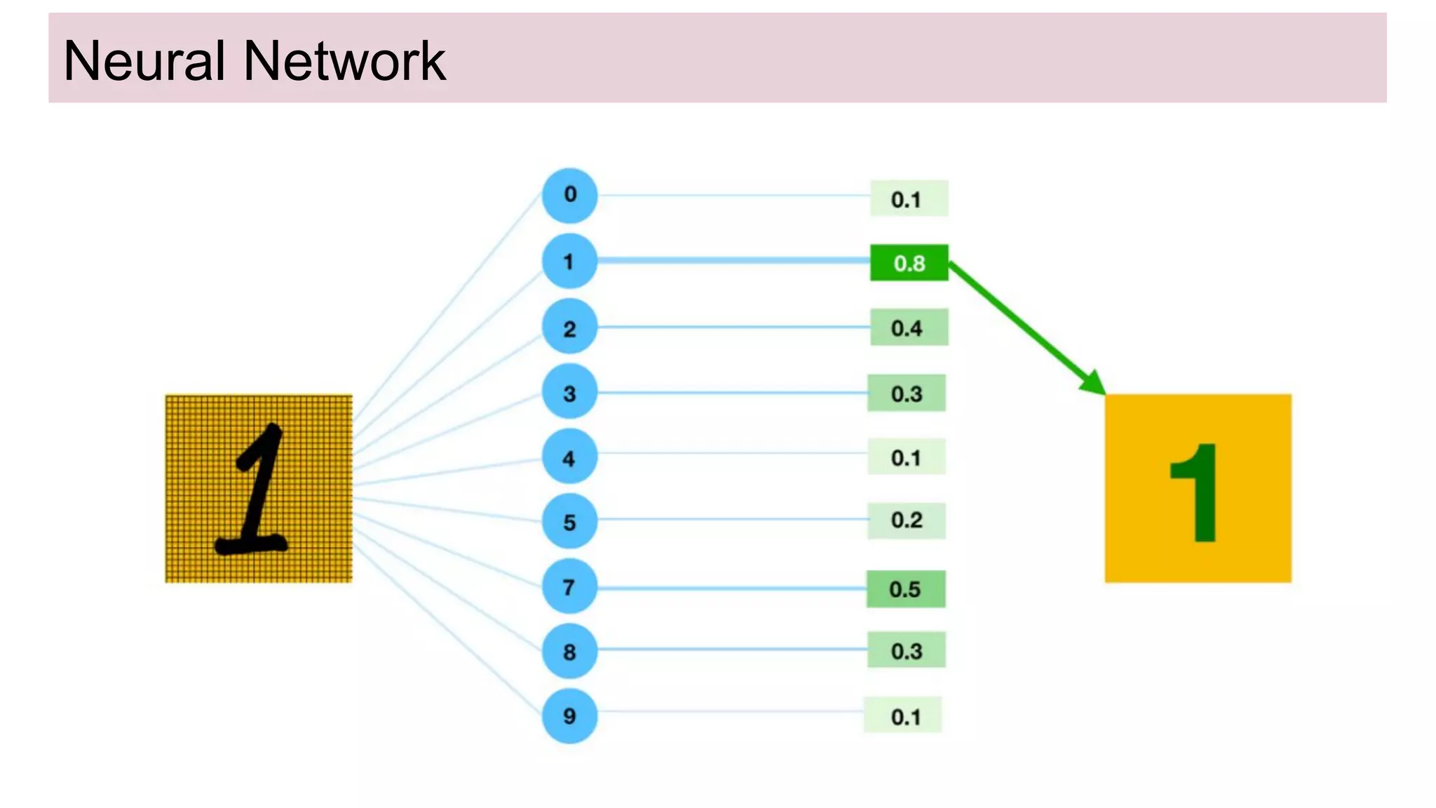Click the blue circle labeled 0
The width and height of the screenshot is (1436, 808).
click(x=569, y=195)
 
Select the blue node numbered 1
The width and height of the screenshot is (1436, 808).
click(x=569, y=261)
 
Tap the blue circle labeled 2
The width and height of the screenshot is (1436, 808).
click(x=569, y=327)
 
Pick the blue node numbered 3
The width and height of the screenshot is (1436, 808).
click(x=569, y=392)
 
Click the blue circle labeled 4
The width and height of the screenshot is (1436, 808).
click(x=569, y=457)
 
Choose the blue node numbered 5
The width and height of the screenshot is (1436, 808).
click(x=569, y=521)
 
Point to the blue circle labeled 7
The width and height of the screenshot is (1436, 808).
click(x=569, y=586)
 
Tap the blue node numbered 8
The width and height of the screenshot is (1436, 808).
click(x=569, y=651)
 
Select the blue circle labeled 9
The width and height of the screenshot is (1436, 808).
click(x=569, y=715)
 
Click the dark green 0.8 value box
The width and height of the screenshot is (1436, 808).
click(x=909, y=263)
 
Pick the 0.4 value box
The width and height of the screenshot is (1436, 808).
click(x=909, y=328)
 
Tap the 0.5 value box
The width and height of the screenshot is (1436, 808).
click(x=906, y=589)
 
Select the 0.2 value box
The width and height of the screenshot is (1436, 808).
click(x=906, y=520)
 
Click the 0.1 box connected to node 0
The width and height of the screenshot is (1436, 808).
click(x=909, y=198)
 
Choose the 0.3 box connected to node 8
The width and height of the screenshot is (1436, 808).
click(x=906, y=650)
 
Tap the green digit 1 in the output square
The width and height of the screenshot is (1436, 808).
click(x=1198, y=492)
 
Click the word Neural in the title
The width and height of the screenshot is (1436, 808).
click(x=144, y=61)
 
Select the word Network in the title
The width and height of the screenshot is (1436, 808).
click(x=344, y=61)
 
